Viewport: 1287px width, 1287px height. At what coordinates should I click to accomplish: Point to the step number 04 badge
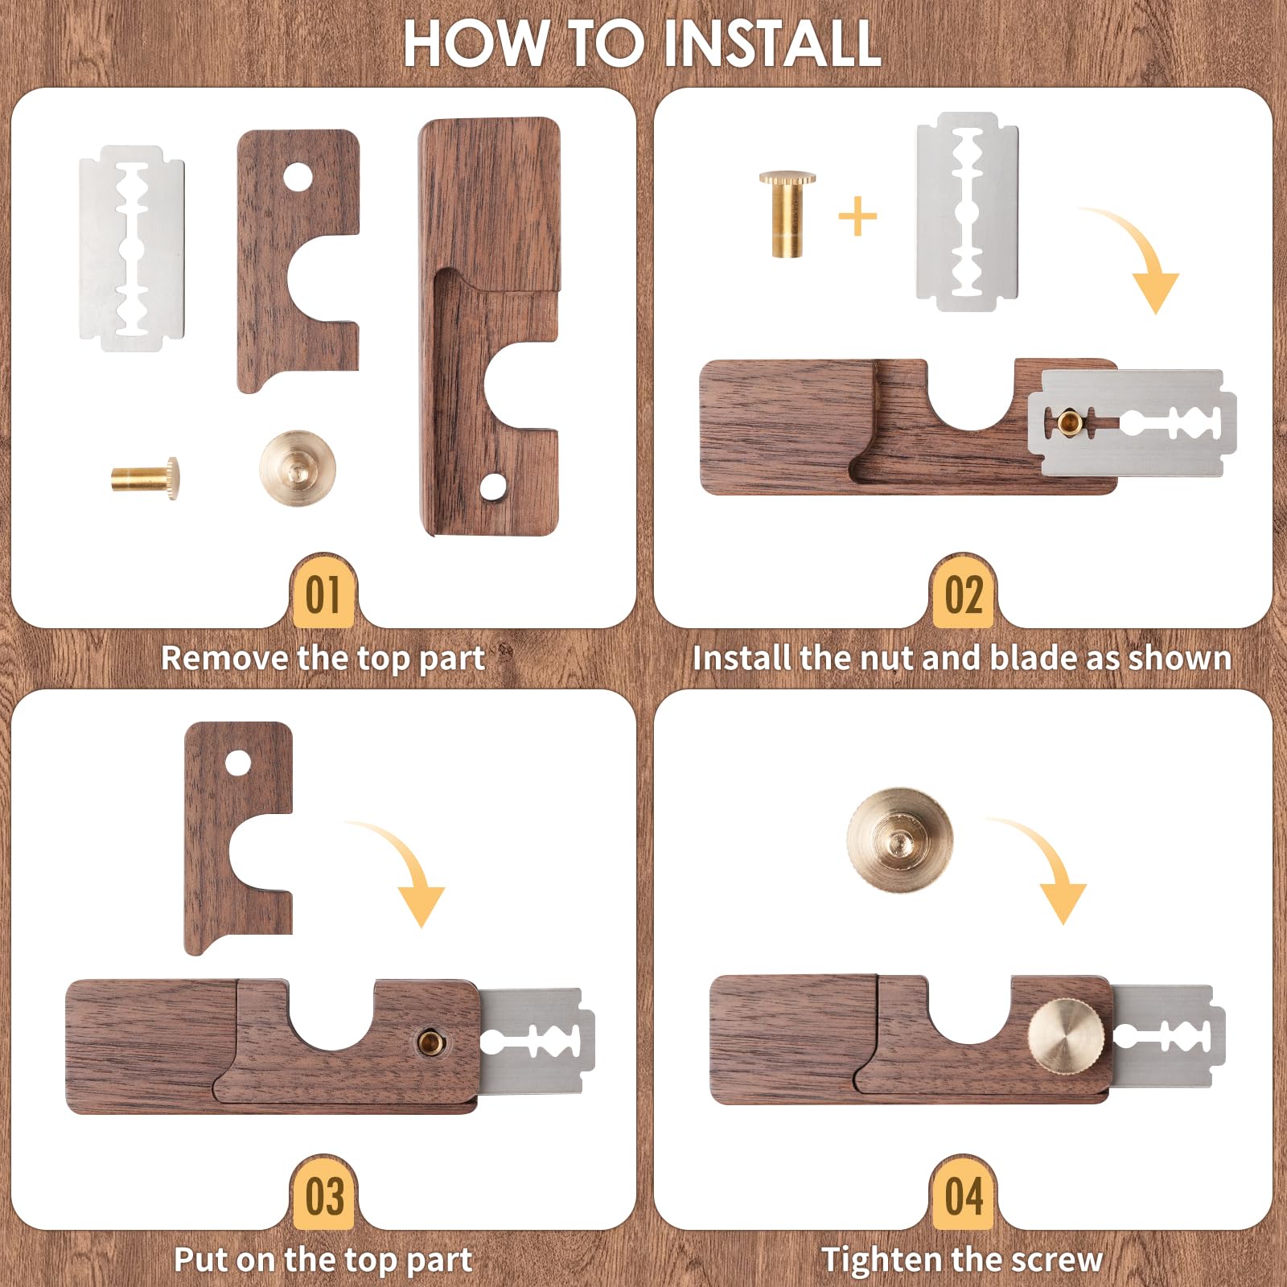tap(964, 1195)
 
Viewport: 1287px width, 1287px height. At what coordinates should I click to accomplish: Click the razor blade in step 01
tap(132, 249)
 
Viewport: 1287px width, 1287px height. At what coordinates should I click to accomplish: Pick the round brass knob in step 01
tap(297, 468)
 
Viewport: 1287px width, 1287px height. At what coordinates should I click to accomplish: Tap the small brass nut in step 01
tap(146, 479)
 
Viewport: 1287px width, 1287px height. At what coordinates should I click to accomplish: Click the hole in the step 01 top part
tap(298, 177)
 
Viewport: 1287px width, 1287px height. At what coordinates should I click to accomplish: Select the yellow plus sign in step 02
tap(857, 216)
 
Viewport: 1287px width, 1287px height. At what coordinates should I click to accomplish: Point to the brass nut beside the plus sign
tap(787, 214)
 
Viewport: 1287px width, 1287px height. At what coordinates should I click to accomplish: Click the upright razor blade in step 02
tap(968, 212)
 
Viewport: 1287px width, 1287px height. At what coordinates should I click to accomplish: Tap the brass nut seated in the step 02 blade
tap(1069, 421)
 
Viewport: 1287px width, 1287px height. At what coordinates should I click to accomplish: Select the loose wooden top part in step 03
tap(238, 838)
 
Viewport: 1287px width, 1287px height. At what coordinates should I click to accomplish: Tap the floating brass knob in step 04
tap(900, 839)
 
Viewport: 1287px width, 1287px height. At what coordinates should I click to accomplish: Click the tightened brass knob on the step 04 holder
tap(1067, 1038)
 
